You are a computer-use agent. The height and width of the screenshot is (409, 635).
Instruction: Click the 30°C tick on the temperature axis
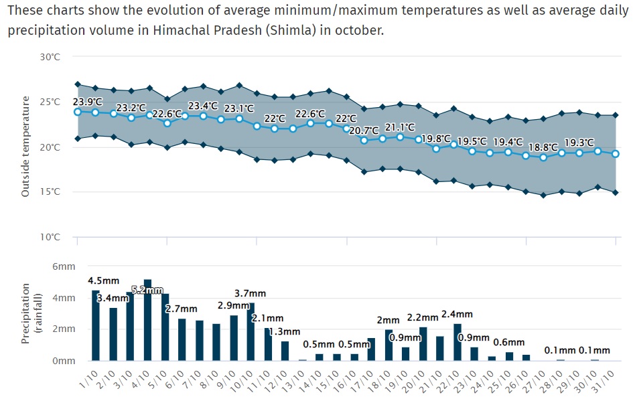point(50,58)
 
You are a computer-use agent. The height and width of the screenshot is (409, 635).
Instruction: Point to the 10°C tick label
point(50,237)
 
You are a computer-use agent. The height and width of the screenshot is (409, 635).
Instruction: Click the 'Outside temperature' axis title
point(25,147)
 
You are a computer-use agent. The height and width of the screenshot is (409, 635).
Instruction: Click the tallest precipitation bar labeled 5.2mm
point(148,320)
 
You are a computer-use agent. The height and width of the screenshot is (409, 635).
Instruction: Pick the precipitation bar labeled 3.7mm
point(251,332)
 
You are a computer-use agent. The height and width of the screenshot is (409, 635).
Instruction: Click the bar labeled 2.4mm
point(457,342)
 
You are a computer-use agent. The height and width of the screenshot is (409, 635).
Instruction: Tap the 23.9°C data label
point(88,102)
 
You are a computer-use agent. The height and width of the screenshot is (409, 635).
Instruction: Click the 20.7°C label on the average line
point(364,131)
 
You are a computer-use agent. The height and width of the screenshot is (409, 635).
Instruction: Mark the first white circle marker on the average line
point(78,112)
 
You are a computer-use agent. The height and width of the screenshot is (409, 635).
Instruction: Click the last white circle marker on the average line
point(616,154)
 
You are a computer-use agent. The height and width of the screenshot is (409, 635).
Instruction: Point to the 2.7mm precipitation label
point(182,309)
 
